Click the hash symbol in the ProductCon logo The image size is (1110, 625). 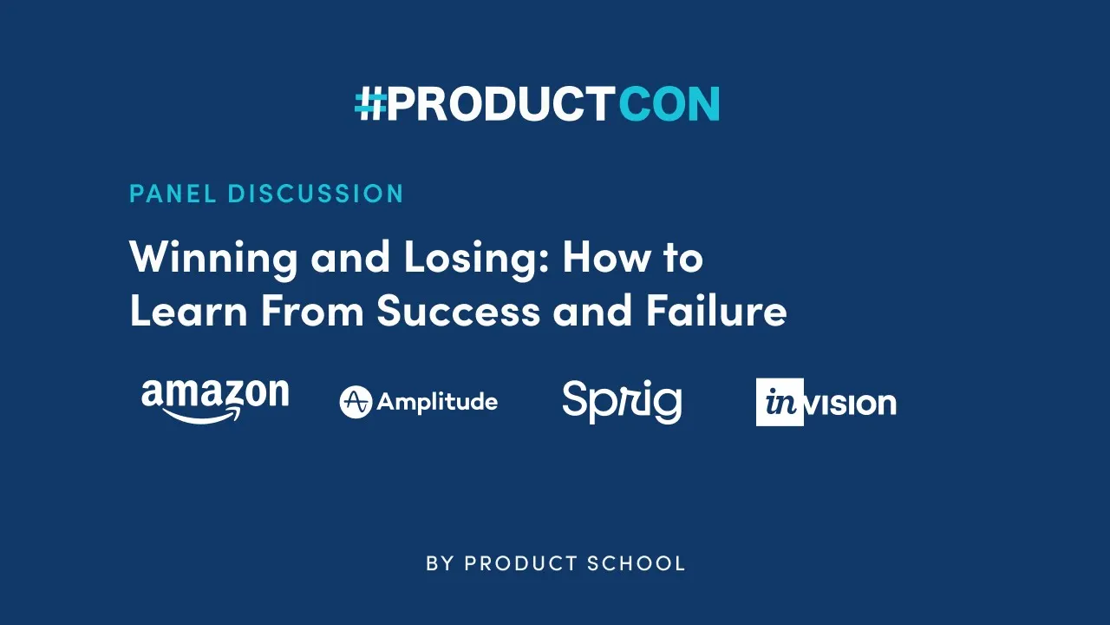[x=370, y=104]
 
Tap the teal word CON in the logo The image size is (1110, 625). [x=669, y=104]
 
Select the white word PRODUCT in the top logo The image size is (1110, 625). [x=499, y=104]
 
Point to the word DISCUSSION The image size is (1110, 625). [x=316, y=194]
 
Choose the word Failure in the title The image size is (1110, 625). [x=715, y=311]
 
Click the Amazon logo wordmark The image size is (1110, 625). [x=215, y=395]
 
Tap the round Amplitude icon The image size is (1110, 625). [x=356, y=402]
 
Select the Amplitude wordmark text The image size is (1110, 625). [x=437, y=402]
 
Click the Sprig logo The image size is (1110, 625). [x=622, y=402]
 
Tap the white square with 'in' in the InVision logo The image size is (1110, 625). [x=780, y=402]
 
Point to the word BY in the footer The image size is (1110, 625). [x=440, y=563]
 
